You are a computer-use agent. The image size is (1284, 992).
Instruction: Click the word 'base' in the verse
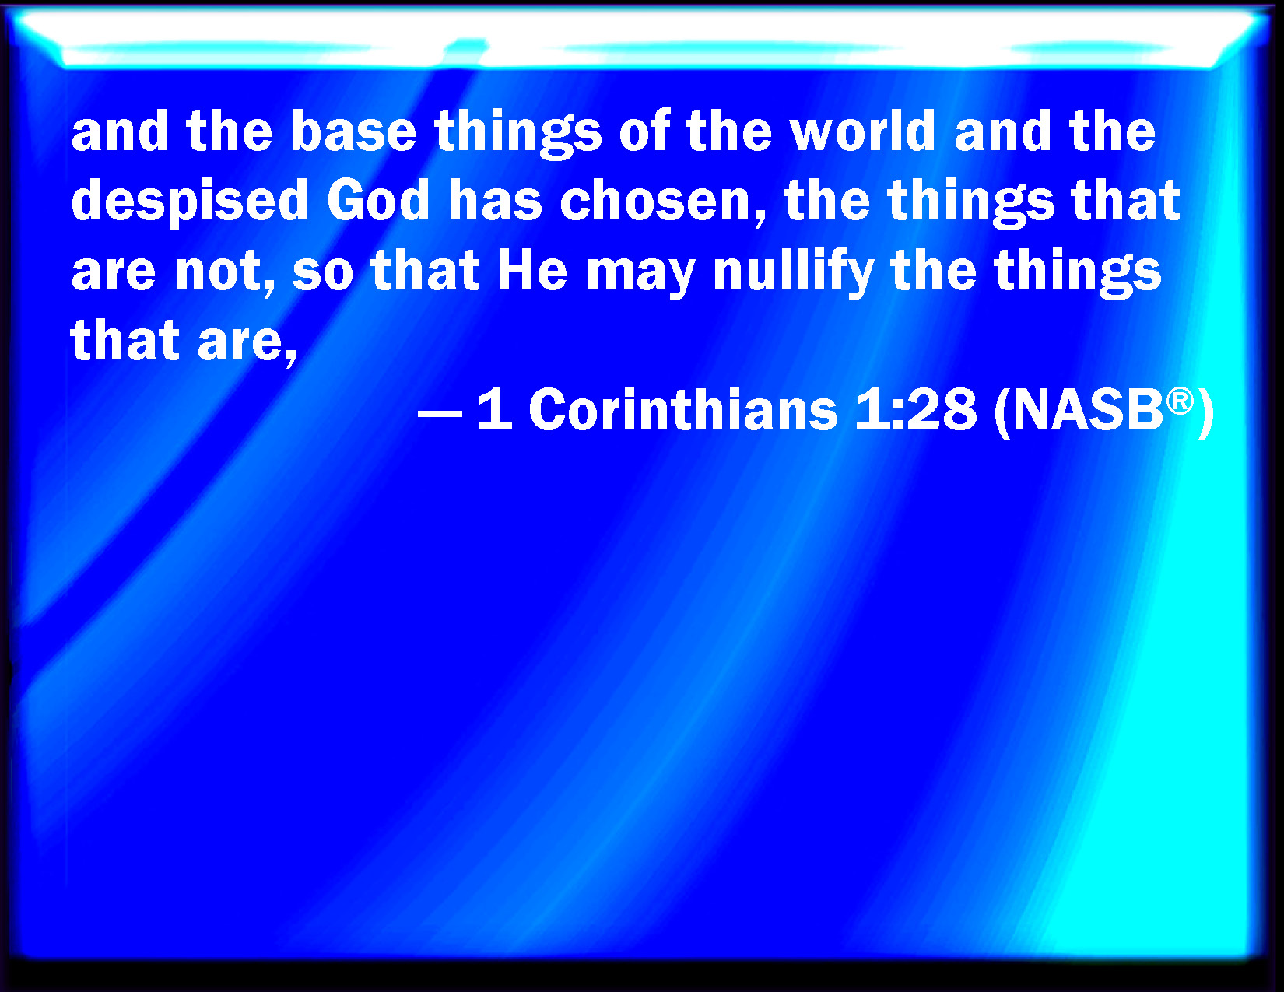coord(353,131)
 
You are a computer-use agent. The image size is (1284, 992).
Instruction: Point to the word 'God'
coord(377,201)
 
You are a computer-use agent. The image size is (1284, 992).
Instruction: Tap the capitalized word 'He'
coord(532,271)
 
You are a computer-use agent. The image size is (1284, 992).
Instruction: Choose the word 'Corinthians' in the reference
coord(683,409)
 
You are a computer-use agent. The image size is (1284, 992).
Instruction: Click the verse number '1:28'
coord(916,410)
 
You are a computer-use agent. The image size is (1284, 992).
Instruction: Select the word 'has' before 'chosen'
coord(495,201)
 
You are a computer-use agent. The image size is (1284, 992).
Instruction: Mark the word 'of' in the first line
coord(644,131)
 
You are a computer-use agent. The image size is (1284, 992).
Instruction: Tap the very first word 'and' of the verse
coord(120,131)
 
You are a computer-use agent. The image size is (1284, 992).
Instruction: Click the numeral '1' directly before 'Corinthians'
coord(495,410)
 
